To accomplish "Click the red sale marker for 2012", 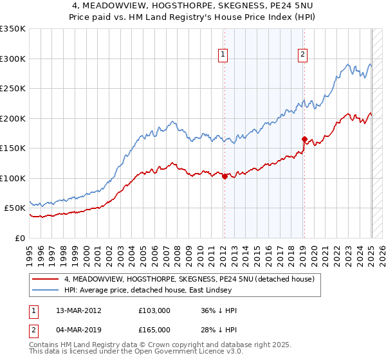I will (x=225, y=176).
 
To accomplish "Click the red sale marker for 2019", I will (x=304, y=139).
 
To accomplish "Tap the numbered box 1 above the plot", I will (x=223, y=55).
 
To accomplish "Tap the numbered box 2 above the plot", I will (x=302, y=55).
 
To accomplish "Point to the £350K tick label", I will (x=13, y=29).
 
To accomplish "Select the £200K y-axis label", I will (x=13, y=118).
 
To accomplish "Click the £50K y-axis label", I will (x=15, y=208).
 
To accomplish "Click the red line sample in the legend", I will (x=46, y=280).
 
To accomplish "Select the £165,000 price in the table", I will (x=154, y=330).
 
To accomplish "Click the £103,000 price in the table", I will (x=154, y=310).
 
